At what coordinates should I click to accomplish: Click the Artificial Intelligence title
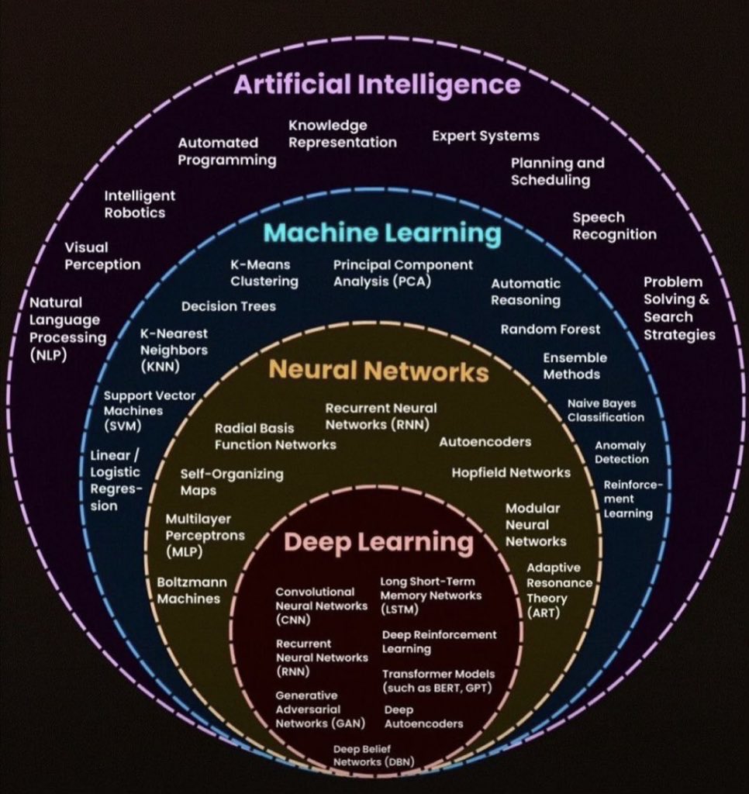click(377, 85)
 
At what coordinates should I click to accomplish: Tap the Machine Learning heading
click(382, 233)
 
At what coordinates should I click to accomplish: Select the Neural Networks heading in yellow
click(378, 371)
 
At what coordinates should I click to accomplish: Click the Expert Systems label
click(485, 136)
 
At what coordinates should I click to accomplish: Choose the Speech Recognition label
click(614, 226)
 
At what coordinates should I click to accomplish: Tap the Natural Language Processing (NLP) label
click(67, 329)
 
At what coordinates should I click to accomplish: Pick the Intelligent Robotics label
click(140, 204)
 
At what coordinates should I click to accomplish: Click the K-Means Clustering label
click(264, 273)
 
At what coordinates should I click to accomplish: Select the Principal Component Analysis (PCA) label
click(402, 273)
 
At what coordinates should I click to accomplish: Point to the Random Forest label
click(550, 329)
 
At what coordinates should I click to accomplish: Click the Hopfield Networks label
click(511, 472)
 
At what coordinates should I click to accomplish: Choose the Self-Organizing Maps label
click(231, 482)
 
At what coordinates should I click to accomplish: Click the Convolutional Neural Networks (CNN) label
click(321, 605)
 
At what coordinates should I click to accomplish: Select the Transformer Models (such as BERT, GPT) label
click(438, 681)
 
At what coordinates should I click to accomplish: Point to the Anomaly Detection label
click(621, 452)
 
